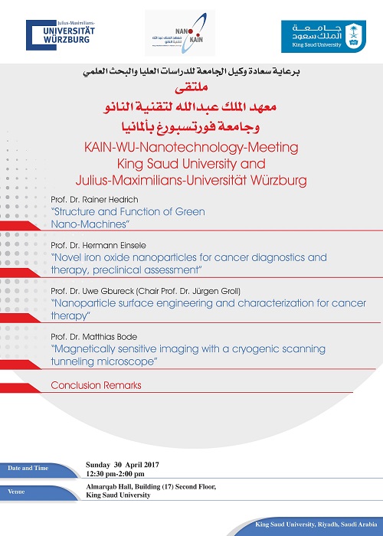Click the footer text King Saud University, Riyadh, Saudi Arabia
(319, 526)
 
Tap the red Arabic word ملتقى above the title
(191, 89)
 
